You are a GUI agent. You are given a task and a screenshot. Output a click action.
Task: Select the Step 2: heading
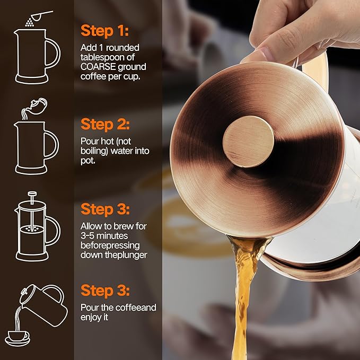click(105, 124)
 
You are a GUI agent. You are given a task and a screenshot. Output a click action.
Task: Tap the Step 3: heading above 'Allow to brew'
click(105, 208)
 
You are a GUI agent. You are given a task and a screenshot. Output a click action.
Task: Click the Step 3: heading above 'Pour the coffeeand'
click(105, 291)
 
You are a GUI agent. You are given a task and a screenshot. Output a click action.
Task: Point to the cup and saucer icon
click(18, 337)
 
